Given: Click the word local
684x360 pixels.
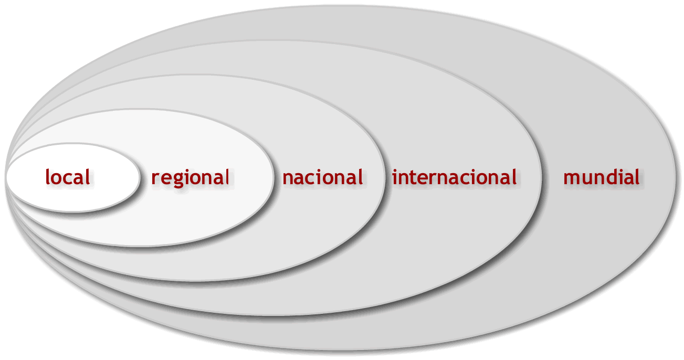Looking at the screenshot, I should pyautogui.click(x=68, y=177).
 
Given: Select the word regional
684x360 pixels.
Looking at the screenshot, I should pyautogui.click(x=190, y=177).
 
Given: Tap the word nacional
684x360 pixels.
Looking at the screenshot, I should pyautogui.click(x=322, y=177).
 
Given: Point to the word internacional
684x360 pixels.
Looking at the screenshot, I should pyautogui.click(x=455, y=177).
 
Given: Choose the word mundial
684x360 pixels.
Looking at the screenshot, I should pyautogui.click(x=602, y=177).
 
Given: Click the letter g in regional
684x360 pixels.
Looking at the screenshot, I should pyautogui.click(x=177, y=179).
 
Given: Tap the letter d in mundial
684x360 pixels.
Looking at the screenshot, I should pyautogui.click(x=607, y=176).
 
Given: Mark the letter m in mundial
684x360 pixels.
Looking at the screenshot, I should pyautogui.click(x=571, y=178).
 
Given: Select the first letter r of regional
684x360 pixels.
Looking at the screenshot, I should pyautogui.click(x=155, y=178).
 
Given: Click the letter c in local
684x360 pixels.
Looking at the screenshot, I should pyautogui.click(x=67, y=178).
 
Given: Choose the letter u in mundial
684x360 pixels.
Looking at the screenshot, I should pyautogui.click(x=585, y=178).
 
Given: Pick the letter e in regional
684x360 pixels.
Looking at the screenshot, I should pyautogui.click(x=165, y=178).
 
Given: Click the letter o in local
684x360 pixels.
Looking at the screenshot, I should pyautogui.click(x=56, y=178).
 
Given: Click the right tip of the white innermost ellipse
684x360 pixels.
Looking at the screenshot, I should pyautogui.click(x=140, y=177).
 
